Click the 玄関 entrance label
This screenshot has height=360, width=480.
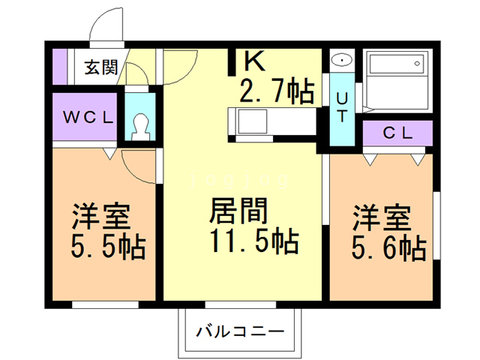(100, 67)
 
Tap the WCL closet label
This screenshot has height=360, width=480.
(87, 117)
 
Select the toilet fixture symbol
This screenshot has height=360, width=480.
(140, 125)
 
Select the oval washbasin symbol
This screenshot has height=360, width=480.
(341, 60)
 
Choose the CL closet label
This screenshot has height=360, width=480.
(397, 134)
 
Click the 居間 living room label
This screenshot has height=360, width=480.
(237, 211)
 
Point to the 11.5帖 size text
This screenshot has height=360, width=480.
(255, 242)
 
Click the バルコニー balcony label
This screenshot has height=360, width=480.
(240, 331)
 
